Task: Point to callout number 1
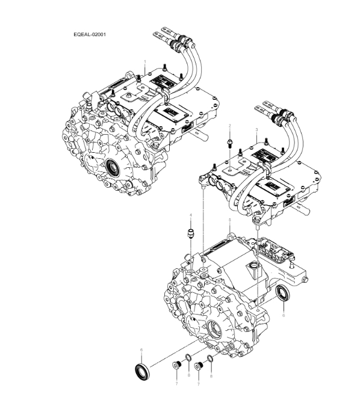(145, 61)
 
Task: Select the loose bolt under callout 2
(230, 143)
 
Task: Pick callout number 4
(191, 215)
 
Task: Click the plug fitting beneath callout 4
(191, 232)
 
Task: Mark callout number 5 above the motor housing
(229, 221)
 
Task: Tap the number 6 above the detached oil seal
(141, 349)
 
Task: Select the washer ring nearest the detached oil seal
(188, 363)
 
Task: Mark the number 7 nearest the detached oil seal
(176, 382)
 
